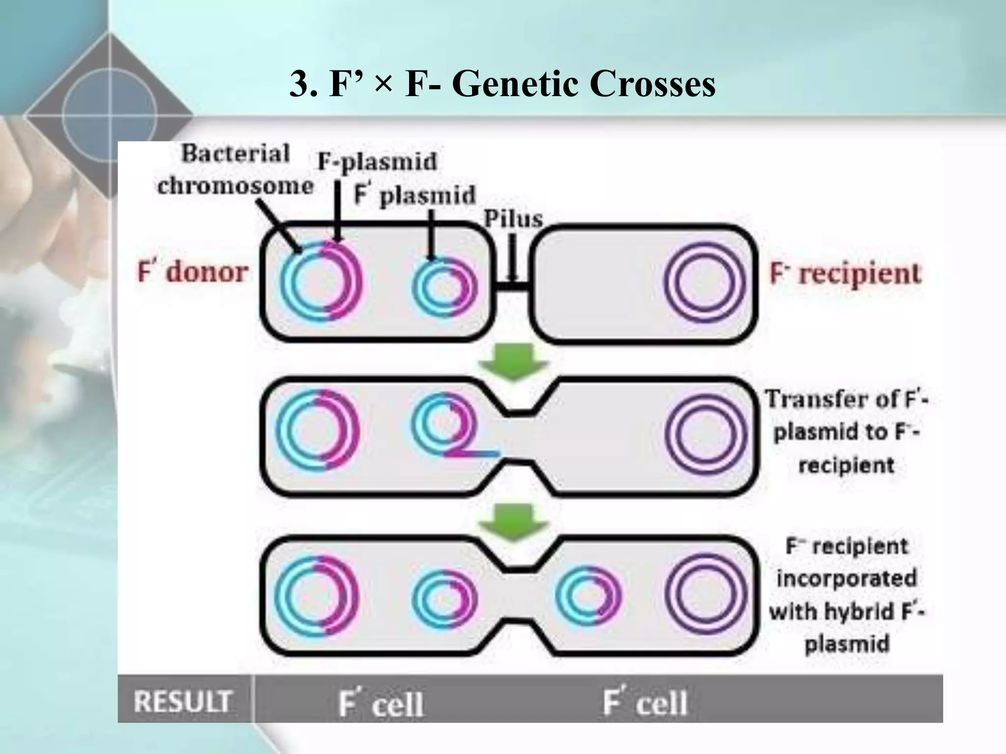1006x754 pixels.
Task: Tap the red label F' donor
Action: coord(193,272)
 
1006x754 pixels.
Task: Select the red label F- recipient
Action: coord(845,274)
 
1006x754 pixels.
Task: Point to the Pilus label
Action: coord(513,219)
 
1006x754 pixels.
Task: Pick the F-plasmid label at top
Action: coord(377,162)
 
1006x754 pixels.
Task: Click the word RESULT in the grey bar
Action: coord(183,701)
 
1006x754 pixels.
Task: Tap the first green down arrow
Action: coord(513,362)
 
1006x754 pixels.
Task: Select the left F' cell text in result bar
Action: coord(381,703)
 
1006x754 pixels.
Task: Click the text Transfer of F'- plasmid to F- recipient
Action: coord(846,432)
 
